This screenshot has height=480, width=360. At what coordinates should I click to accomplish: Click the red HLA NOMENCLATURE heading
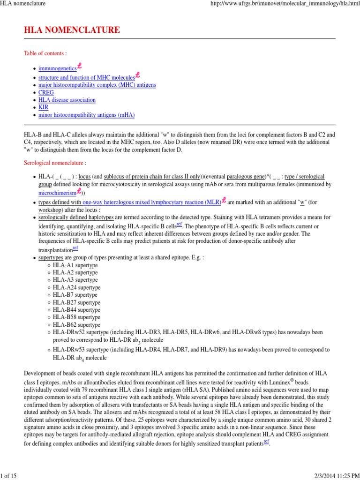[72, 30]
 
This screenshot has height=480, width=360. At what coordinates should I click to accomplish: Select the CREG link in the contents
[46, 92]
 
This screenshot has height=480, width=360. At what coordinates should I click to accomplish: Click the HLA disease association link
[67, 100]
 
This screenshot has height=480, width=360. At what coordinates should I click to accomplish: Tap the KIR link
[43, 107]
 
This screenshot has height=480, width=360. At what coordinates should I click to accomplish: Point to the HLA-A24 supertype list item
[76, 287]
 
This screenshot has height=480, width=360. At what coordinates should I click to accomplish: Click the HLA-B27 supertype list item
[76, 302]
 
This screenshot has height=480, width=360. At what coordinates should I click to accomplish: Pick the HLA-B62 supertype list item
[76, 325]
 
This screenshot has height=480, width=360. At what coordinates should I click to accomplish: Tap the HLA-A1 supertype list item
[75, 265]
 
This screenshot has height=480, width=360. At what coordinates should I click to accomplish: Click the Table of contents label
[45, 54]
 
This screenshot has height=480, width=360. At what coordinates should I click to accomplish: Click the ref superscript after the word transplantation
[75, 248]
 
